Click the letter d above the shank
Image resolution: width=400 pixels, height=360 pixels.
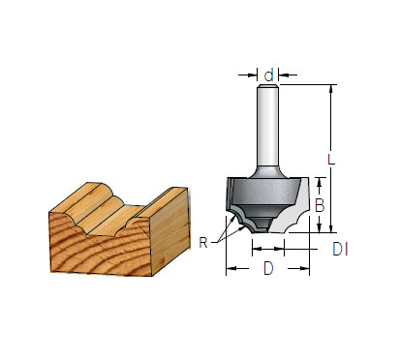point(268,75)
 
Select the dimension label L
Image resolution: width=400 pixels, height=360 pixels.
point(331,160)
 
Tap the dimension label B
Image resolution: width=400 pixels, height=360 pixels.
point(320,205)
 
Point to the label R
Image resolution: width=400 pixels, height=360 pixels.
point(203,243)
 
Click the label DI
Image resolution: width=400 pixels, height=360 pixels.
point(340,250)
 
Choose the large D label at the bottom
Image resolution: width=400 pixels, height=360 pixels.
point(268,268)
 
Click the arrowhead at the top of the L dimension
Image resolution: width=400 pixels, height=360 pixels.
point(330,89)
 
